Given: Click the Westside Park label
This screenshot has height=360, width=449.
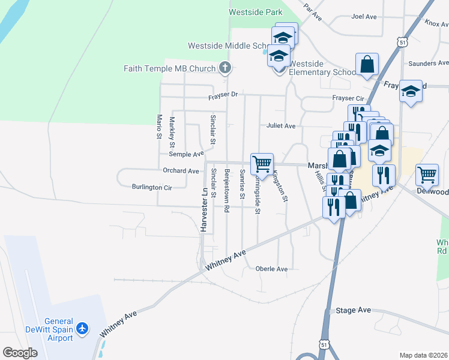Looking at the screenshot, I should [x=255, y=12].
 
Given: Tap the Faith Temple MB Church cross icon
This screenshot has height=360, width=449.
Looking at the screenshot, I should [x=225, y=68].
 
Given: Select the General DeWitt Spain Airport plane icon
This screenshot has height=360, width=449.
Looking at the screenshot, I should [x=83, y=329].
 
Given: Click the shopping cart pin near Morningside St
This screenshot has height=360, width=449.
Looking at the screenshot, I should [x=262, y=163].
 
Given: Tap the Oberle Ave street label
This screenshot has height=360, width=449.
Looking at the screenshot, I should [x=271, y=269].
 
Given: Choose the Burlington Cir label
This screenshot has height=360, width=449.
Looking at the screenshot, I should [x=152, y=187].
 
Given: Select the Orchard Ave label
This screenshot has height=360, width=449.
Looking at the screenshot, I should [x=181, y=171].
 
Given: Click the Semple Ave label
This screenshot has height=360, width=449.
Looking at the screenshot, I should [x=187, y=154].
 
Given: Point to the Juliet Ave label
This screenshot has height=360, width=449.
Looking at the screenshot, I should [x=282, y=126].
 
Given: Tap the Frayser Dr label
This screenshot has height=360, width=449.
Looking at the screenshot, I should [x=223, y=95].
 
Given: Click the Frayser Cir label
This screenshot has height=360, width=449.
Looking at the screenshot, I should [x=348, y=98].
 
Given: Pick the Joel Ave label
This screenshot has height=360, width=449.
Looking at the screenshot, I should [x=364, y=17].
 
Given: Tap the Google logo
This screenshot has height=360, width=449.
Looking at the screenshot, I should [x=20, y=353].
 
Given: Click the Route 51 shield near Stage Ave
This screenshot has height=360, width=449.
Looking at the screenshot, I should [x=324, y=345].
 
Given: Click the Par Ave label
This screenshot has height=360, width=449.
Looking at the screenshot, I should [x=313, y=11].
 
